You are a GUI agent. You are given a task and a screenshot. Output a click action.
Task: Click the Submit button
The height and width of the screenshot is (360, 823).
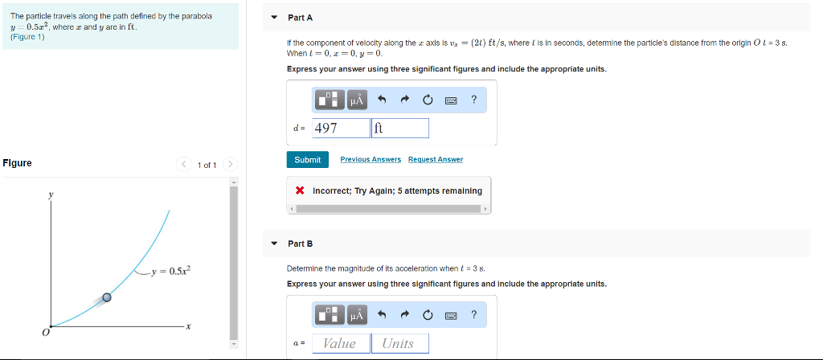tap(307, 160)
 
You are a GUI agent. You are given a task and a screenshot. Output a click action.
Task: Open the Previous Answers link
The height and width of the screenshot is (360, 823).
tap(371, 160)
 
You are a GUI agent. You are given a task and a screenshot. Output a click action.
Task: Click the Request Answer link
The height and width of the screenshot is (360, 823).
tap(435, 160)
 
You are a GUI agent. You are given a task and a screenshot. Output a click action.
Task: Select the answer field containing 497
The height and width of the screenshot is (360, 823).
tap(340, 128)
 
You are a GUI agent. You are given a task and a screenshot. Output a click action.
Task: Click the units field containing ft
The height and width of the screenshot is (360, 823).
tap(400, 128)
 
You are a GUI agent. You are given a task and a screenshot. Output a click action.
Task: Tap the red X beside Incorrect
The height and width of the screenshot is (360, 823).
tap(300, 190)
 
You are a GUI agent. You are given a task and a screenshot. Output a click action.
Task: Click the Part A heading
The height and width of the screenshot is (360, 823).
tap(300, 17)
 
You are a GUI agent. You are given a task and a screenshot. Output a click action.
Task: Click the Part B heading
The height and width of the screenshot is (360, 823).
tap(300, 243)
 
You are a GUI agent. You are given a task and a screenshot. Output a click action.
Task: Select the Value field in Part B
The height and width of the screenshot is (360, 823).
tap(339, 343)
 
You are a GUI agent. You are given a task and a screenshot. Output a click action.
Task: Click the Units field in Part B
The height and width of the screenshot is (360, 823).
tap(399, 343)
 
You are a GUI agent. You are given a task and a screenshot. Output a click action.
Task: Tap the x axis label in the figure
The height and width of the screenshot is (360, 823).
tap(186, 326)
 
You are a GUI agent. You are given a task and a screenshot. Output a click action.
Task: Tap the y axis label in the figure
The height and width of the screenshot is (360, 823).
tap(50, 194)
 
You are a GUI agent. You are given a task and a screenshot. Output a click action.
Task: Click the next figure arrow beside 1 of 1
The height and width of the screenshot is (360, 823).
tap(230, 165)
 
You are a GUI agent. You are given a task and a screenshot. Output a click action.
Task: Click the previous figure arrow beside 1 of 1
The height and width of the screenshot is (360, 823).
tap(184, 165)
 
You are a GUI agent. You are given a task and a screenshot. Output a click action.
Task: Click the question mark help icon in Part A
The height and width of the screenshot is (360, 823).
tap(474, 100)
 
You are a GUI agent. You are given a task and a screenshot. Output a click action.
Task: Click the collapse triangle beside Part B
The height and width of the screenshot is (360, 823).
tap(274, 243)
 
